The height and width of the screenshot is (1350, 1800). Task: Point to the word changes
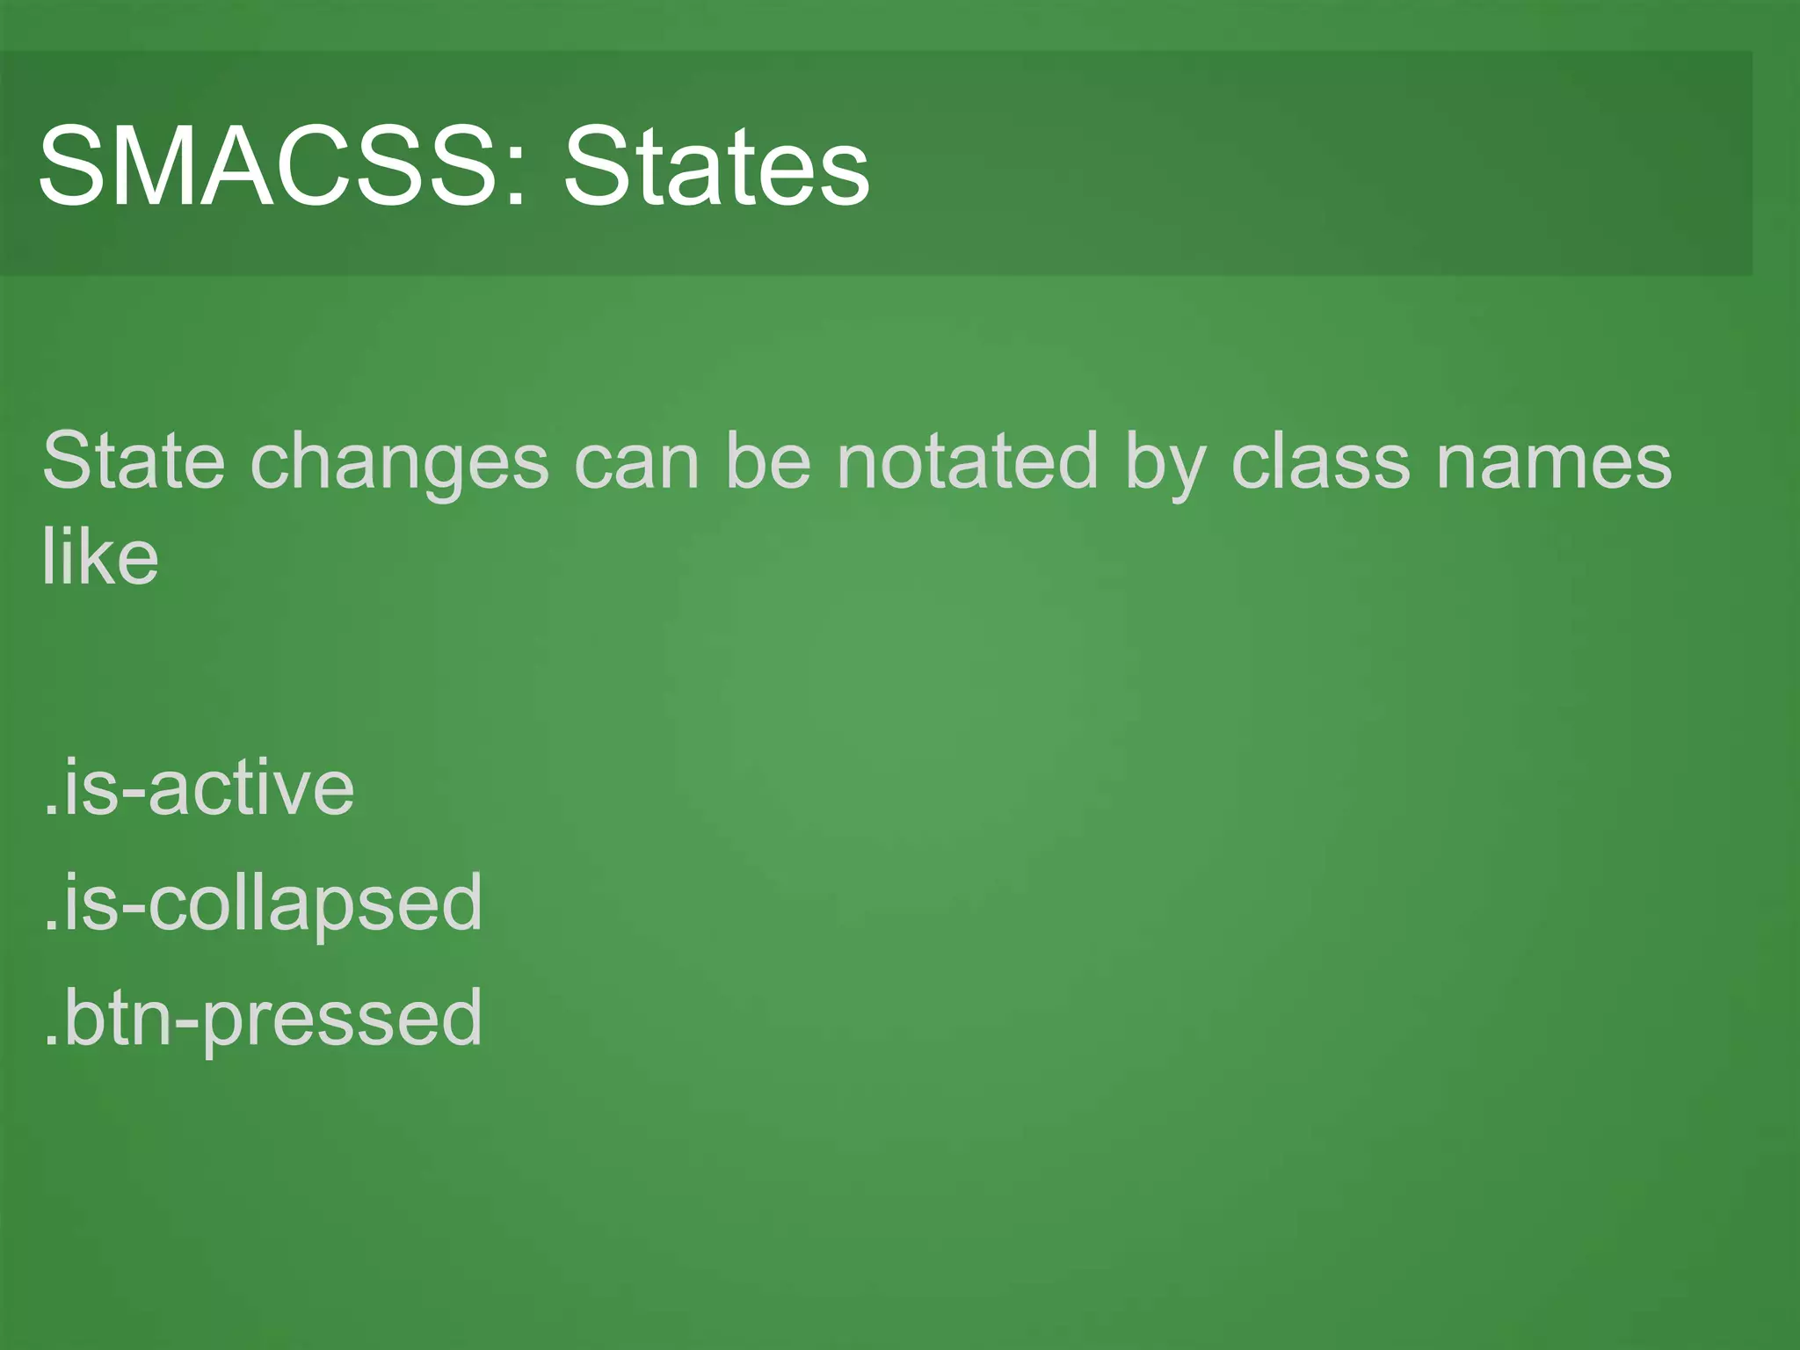400,462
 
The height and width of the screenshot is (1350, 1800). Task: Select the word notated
967,461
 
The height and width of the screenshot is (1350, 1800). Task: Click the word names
1554,462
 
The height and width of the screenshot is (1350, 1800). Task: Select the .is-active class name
199,787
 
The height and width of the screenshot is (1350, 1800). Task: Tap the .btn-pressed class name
262,1018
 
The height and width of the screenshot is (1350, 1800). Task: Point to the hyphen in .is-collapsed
134,906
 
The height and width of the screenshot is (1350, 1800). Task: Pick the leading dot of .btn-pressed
50,1042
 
